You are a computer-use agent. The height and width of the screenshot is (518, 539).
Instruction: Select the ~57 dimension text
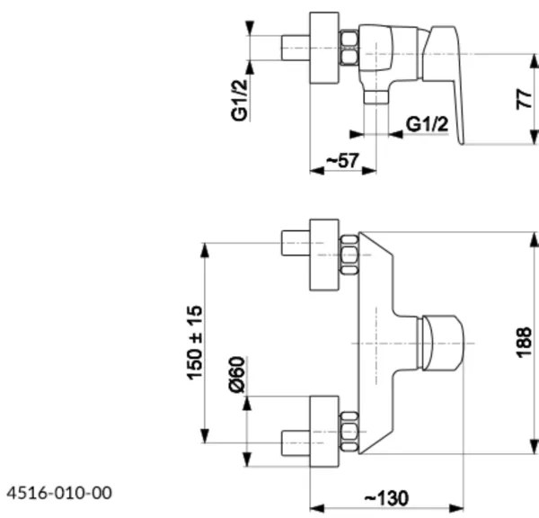click(x=341, y=159)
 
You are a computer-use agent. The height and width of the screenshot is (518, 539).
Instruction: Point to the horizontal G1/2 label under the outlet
click(x=427, y=124)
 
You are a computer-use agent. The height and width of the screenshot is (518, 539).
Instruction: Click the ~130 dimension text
click(x=387, y=497)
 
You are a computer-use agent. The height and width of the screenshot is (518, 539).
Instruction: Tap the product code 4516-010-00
click(x=59, y=493)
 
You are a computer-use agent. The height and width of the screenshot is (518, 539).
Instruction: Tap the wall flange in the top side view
click(x=323, y=50)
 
